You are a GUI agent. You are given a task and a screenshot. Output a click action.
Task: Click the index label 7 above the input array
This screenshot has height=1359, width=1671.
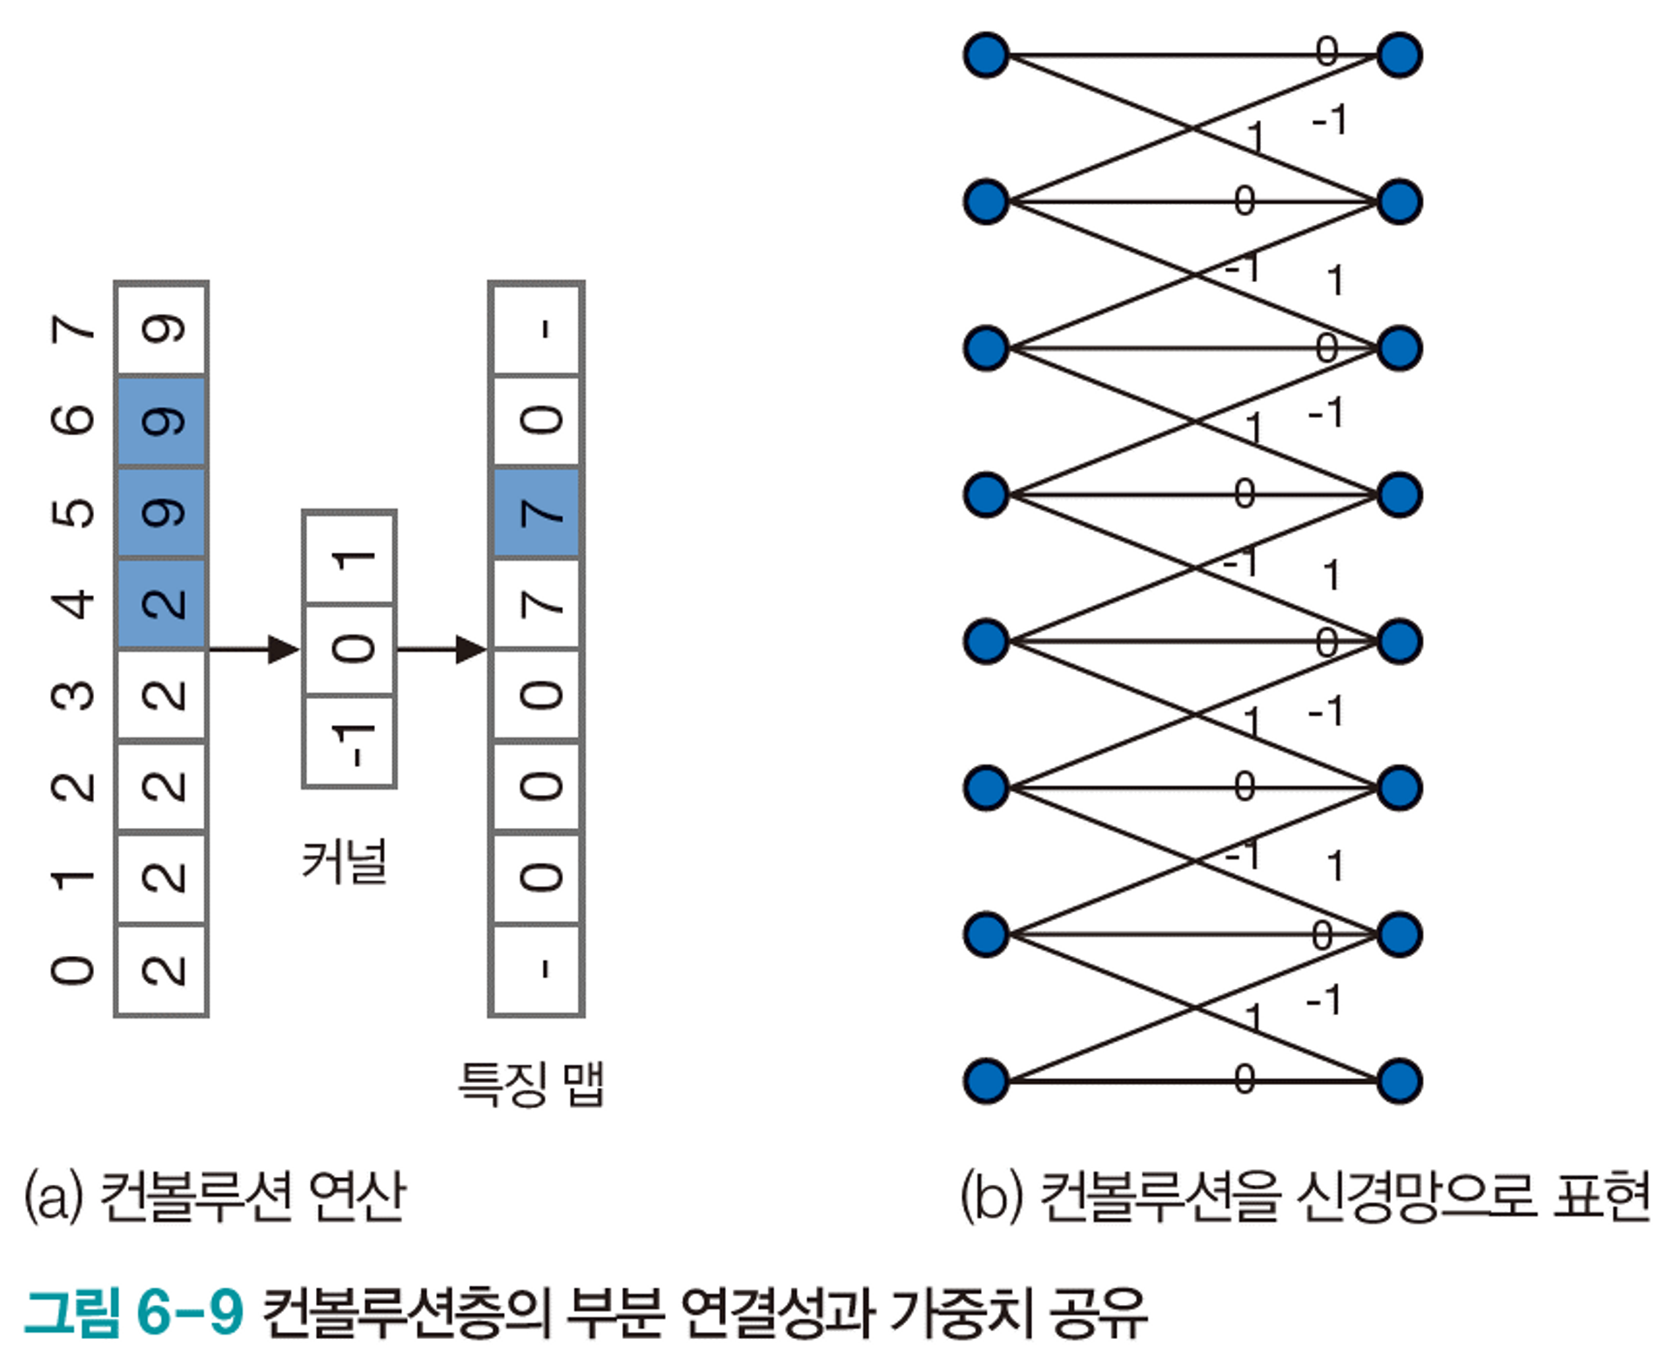(75, 329)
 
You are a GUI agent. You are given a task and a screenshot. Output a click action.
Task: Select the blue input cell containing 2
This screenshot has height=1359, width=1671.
(162, 602)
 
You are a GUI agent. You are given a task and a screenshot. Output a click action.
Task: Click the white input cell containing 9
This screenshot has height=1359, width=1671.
(162, 329)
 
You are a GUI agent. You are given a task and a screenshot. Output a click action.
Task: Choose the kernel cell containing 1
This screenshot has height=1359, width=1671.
(350, 558)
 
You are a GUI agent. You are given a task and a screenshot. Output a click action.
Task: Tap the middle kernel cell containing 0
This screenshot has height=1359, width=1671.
(350, 649)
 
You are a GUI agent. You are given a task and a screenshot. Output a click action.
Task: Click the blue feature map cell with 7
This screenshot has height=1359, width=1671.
(537, 513)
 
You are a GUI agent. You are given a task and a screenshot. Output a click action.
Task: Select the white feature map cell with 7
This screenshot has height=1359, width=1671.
(537, 603)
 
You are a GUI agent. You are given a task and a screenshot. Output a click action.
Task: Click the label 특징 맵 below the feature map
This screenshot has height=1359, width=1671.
(531, 1084)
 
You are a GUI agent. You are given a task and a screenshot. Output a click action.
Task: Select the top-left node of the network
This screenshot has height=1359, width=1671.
(986, 56)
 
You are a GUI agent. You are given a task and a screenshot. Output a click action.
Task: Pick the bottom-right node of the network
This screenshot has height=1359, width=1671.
(1399, 1081)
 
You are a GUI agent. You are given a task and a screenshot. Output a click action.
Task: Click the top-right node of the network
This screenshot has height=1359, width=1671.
(1399, 56)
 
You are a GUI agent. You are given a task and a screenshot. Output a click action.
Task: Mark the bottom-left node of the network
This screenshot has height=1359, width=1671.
(986, 1081)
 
